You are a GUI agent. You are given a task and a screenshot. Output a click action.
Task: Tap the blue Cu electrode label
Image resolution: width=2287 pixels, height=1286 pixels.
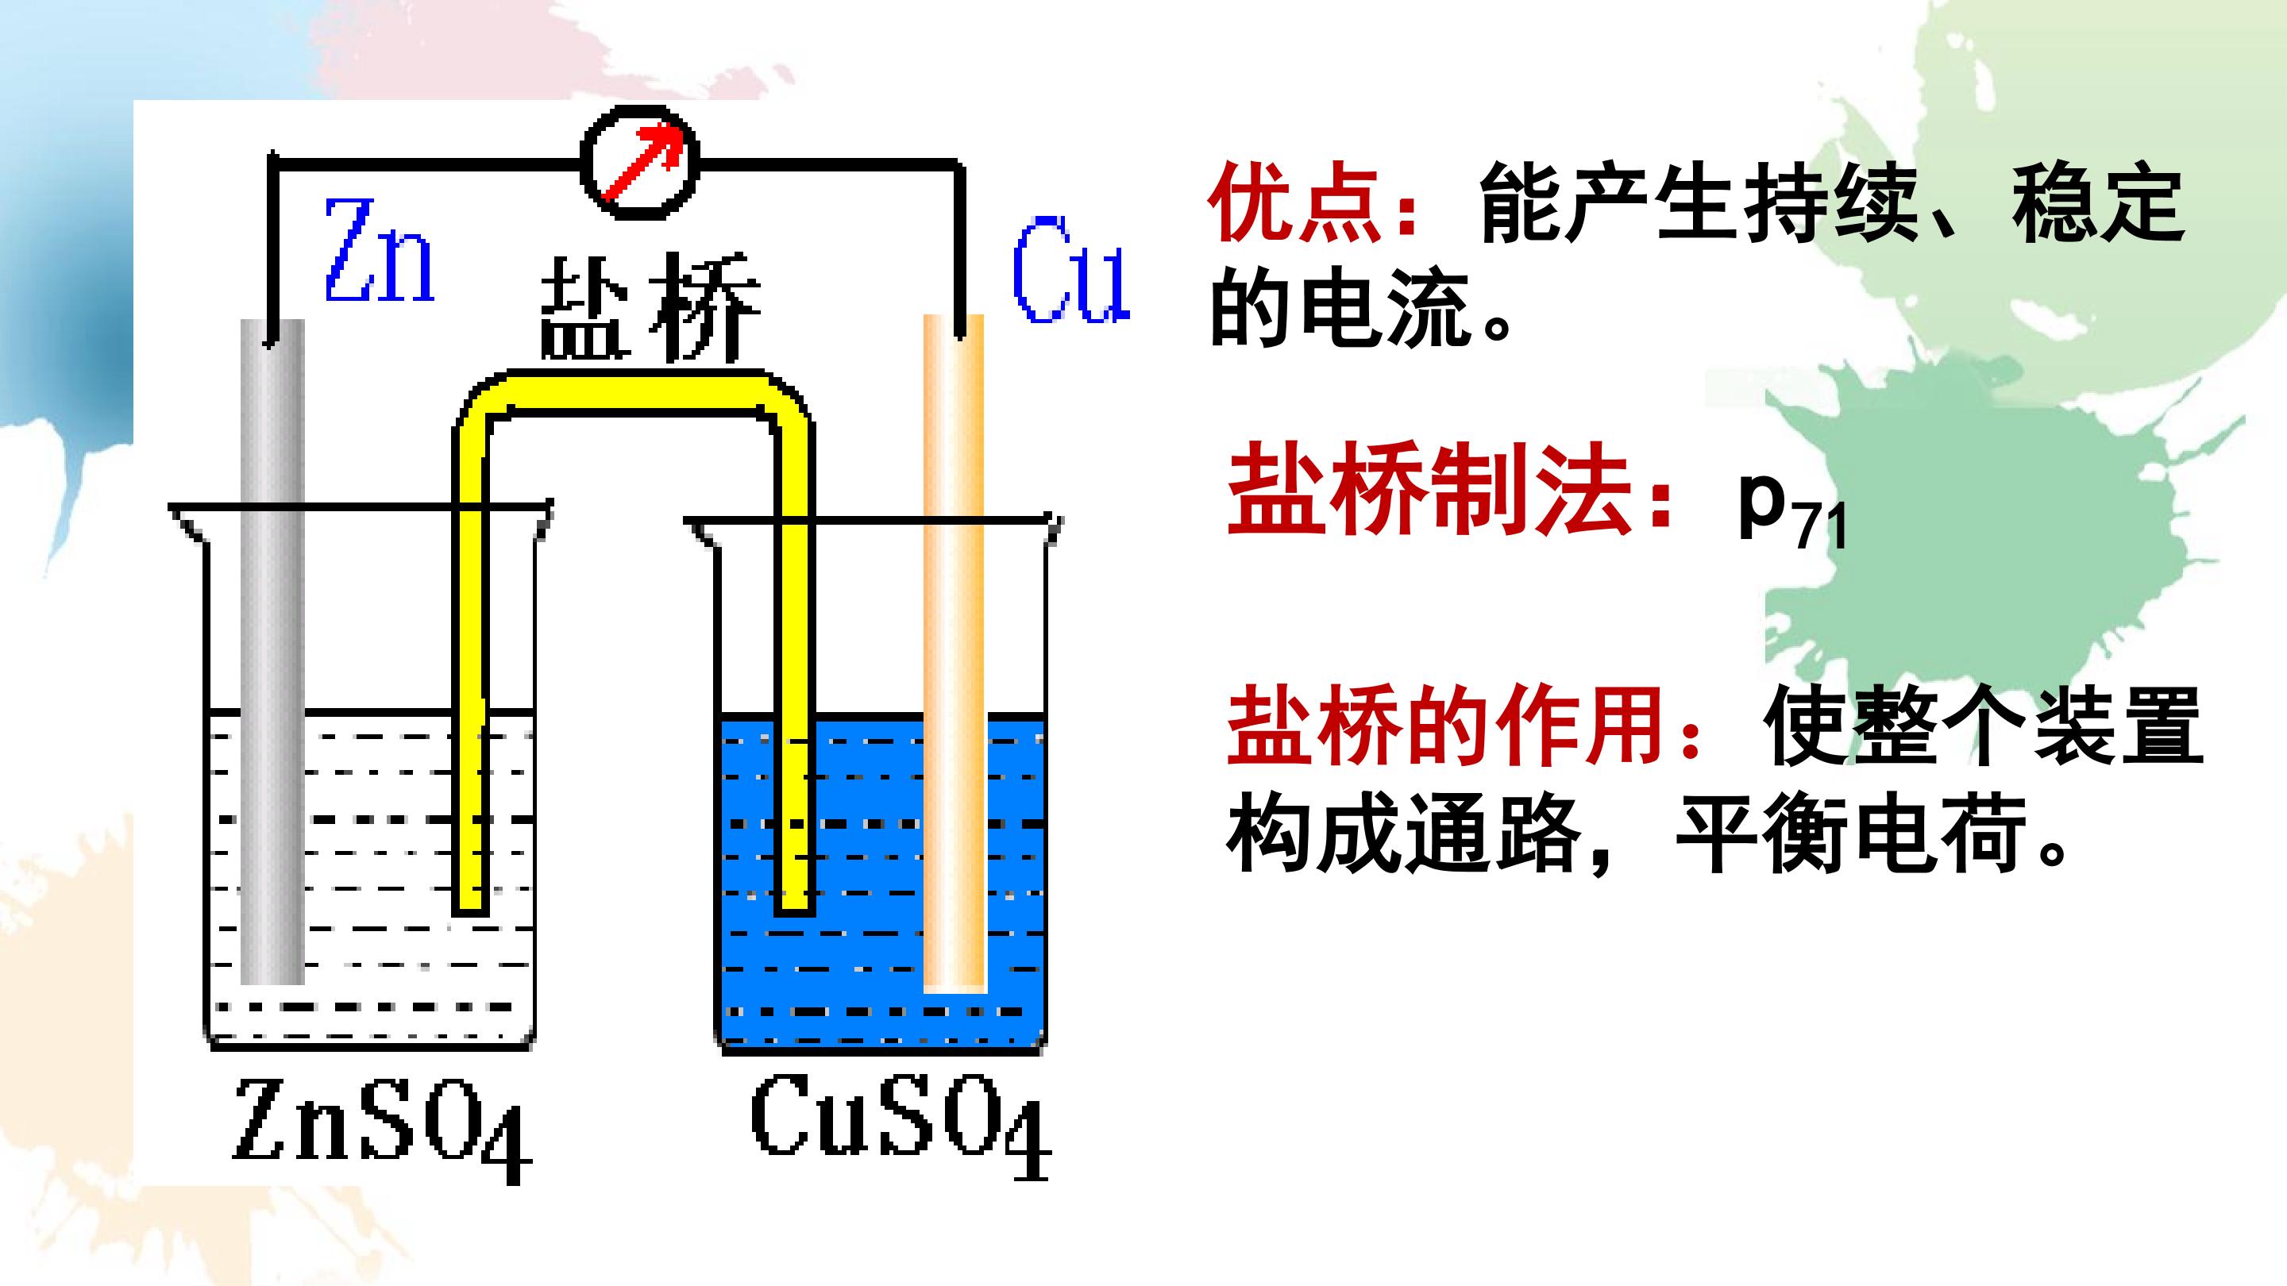(x=1071, y=270)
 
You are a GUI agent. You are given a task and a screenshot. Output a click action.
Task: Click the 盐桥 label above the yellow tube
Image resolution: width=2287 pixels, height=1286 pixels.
(x=650, y=307)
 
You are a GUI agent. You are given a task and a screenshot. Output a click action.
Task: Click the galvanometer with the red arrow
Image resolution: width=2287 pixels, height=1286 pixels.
(x=640, y=163)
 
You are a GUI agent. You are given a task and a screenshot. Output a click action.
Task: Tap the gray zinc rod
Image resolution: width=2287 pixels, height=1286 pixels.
(x=272, y=652)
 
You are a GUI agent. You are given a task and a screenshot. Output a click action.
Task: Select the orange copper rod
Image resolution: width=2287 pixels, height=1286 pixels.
(x=955, y=653)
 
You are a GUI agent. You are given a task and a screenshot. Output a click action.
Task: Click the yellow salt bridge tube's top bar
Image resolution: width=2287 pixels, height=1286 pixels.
(x=634, y=391)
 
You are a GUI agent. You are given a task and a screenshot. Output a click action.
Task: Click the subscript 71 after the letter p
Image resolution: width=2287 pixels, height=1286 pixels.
(x=1820, y=529)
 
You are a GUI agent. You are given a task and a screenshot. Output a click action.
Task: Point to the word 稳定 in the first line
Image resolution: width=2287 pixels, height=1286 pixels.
(x=2098, y=203)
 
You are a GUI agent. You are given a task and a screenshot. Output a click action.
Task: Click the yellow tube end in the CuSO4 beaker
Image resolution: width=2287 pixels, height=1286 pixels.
(x=795, y=903)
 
